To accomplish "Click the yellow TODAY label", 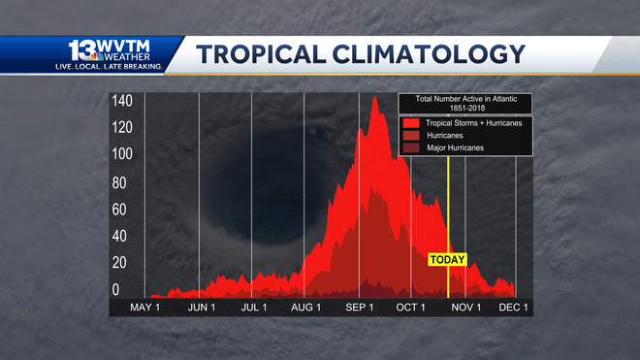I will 447,259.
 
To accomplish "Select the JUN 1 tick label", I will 201,308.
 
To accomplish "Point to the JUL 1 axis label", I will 253,308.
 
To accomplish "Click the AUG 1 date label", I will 306,308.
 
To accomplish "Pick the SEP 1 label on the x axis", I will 360,308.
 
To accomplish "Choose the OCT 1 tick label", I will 411,308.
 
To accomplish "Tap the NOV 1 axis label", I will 465,308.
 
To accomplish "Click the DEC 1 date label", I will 513,308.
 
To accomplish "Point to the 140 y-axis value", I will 121,101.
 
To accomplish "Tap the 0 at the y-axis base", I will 115,289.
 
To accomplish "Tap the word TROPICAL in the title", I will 264,53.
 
